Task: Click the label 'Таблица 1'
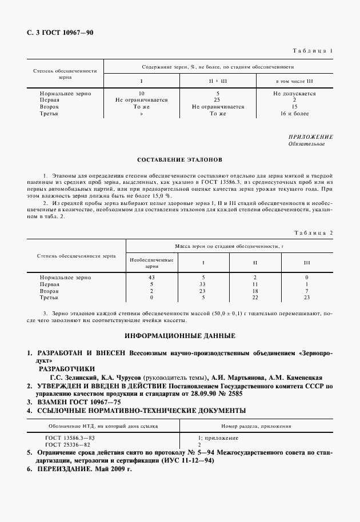pos(313,51)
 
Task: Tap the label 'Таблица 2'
pos(313,232)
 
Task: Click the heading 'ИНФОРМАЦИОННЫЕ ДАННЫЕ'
pos(179,335)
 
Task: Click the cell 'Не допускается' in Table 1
pos(294,93)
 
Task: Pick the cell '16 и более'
pos(294,113)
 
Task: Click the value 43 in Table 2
pos(151,277)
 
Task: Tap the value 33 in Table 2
pos(202,284)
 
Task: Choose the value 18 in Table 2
pos(255,291)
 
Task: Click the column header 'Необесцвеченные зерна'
pos(151,263)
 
